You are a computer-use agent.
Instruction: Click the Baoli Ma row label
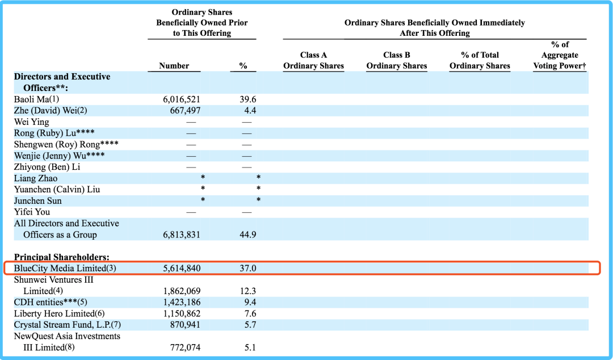(x=36, y=99)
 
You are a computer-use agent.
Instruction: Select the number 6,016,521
(x=182, y=100)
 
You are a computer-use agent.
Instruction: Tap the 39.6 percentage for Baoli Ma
(x=248, y=100)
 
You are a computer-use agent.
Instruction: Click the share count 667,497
(x=185, y=111)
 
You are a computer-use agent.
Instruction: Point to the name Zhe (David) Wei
(x=51, y=111)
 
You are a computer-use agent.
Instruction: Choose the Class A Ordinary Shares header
(x=313, y=60)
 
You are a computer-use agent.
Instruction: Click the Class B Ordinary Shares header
(x=396, y=60)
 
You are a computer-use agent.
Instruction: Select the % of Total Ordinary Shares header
(x=480, y=60)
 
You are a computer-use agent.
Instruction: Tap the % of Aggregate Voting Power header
(x=560, y=55)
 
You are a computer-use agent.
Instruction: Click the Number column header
(x=174, y=66)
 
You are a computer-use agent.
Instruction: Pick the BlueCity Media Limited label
(x=65, y=269)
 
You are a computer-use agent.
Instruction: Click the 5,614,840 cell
(x=182, y=269)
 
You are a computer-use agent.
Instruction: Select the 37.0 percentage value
(x=248, y=269)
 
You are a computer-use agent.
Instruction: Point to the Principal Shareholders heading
(x=62, y=257)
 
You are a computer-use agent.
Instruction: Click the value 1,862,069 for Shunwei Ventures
(x=182, y=291)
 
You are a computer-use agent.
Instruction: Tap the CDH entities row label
(x=51, y=303)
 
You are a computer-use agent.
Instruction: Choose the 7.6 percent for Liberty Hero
(x=250, y=314)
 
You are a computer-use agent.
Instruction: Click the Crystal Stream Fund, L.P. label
(x=67, y=325)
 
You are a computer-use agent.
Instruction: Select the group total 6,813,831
(x=182, y=235)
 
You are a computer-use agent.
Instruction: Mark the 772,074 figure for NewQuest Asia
(x=185, y=348)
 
